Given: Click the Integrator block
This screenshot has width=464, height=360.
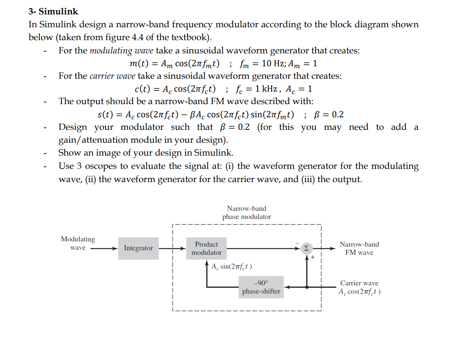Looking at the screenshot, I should pyautogui.click(x=138, y=248).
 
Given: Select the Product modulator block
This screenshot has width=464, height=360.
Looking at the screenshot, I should pyautogui.click(x=206, y=248).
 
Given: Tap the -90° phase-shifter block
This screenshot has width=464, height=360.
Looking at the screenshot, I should pyautogui.click(x=261, y=287).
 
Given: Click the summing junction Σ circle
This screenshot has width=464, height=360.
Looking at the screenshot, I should pyautogui.click(x=306, y=248).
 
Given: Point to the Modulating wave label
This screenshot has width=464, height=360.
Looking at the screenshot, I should pyautogui.click(x=78, y=243).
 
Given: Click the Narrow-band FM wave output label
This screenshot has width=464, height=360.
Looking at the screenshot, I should pyautogui.click(x=359, y=248).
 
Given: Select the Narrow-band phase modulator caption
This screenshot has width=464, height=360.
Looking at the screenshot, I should pyautogui.click(x=247, y=213).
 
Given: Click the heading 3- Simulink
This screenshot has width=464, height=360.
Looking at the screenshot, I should pyautogui.click(x=53, y=12).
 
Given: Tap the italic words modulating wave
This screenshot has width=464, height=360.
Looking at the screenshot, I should pyautogui.click(x=121, y=51).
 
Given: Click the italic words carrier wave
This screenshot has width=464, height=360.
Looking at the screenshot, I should pyautogui.click(x=112, y=76).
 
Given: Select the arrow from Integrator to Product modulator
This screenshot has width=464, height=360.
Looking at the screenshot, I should pyautogui.click(x=172, y=248).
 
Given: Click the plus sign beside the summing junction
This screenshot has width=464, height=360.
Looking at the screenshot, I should pyautogui.click(x=313, y=257).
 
